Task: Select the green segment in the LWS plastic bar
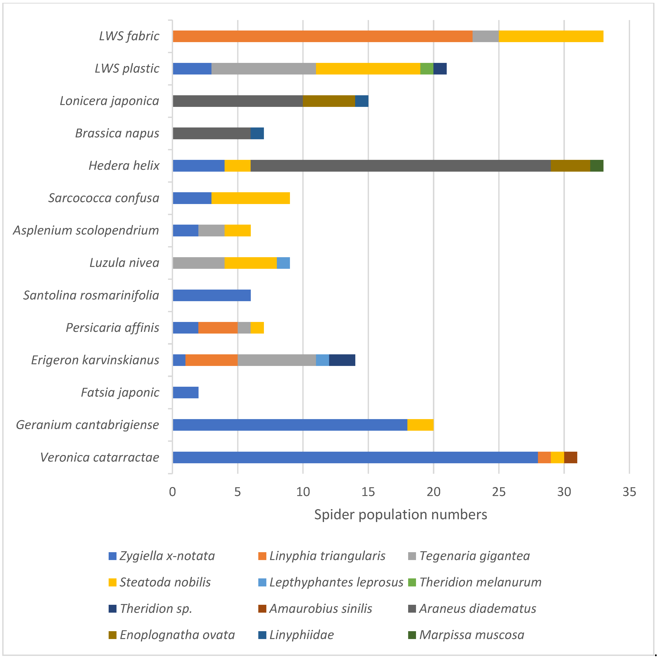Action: [427, 69]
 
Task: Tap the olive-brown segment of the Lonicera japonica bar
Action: [329, 101]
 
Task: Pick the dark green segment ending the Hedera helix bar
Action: [597, 166]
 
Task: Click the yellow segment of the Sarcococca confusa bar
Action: [251, 198]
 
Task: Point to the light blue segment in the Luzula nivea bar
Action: [283, 263]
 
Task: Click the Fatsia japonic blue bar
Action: [186, 393]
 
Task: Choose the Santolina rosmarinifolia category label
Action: [91, 295]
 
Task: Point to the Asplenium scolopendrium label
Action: [86, 230]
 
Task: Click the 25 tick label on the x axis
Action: [499, 492]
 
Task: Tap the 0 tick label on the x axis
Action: [173, 492]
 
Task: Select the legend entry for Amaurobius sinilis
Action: [320, 608]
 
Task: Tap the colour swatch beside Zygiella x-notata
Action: [112, 556]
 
